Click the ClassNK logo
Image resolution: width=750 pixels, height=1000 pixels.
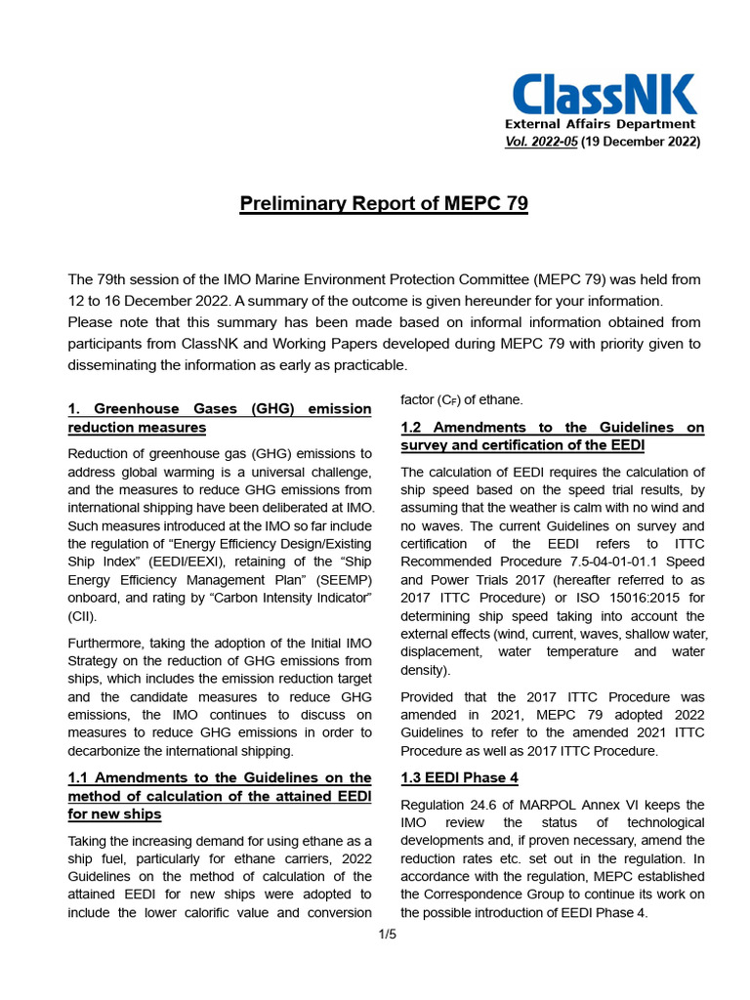coord(604,95)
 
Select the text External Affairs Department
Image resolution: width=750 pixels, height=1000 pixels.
coord(600,124)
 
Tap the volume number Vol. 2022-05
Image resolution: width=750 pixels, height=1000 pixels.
coord(543,142)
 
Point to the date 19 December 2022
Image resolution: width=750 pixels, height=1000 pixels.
coord(643,142)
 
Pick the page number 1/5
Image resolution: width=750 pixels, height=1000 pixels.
coord(388,935)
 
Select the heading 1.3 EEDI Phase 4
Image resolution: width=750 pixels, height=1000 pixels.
coord(459,778)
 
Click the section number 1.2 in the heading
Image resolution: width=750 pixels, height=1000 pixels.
coord(412,428)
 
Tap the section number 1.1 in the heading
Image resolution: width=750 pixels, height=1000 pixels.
coord(79,778)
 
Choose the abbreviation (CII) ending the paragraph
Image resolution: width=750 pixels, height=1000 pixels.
coord(82,617)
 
